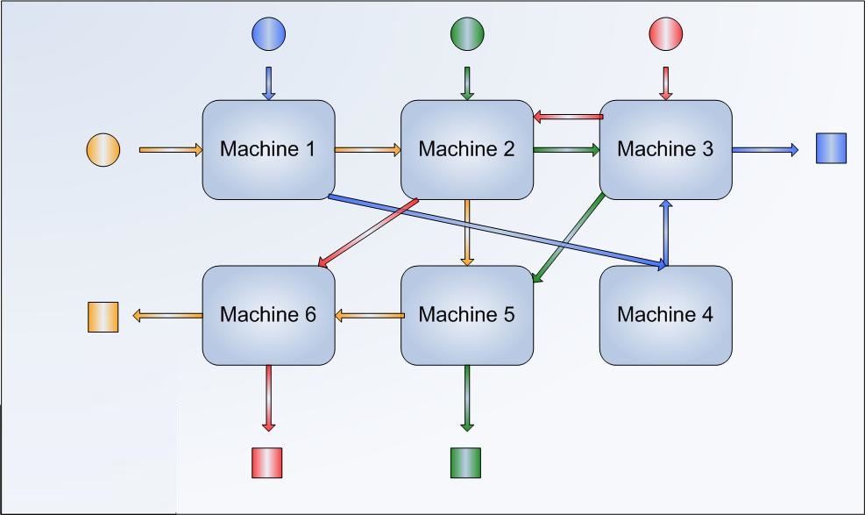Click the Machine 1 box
[x=269, y=150]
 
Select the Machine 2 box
[x=467, y=150]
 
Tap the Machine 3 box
[x=666, y=150]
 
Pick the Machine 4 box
[x=666, y=315]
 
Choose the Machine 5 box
[x=467, y=315]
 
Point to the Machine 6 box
[x=269, y=315]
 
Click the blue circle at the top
[x=269, y=33]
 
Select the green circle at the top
[x=467, y=33]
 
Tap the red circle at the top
[x=666, y=33]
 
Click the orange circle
[x=103, y=150]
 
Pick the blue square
[x=832, y=148]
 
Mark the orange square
[x=103, y=318]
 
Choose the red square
[x=267, y=462]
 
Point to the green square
[x=465, y=462]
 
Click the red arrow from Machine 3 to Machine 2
[x=568, y=117]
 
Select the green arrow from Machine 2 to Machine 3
[x=566, y=150]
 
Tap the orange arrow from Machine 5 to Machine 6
[x=370, y=316]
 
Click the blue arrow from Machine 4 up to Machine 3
[x=666, y=232]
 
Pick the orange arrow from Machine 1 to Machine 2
[x=368, y=150]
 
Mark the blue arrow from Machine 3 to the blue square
[x=765, y=150]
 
